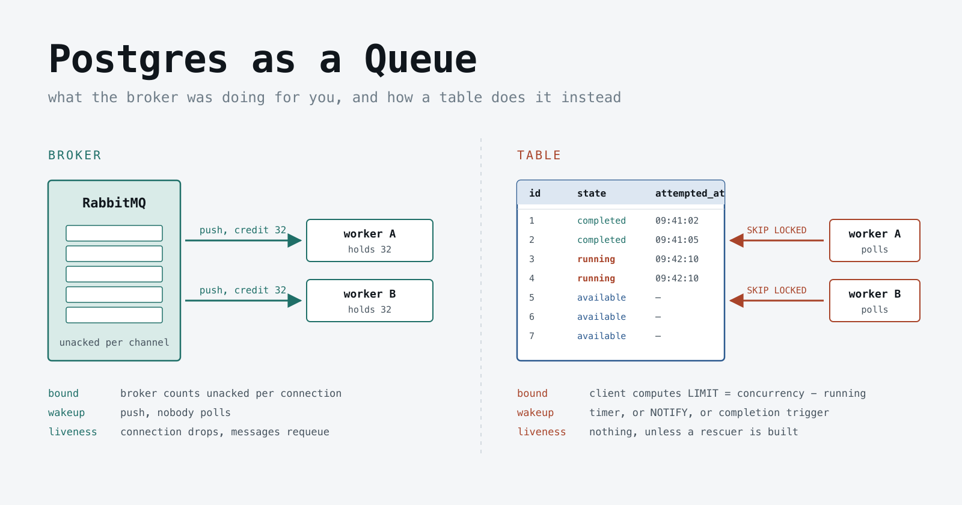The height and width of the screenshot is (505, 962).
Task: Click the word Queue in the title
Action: tap(421, 60)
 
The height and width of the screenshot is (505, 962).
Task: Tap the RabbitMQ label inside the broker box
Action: tap(114, 203)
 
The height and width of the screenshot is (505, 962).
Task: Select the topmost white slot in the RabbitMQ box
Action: tap(114, 233)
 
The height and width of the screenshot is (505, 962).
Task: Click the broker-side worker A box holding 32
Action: tap(370, 240)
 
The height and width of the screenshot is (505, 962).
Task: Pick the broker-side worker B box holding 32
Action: tap(370, 301)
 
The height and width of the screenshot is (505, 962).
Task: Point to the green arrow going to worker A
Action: tap(244, 240)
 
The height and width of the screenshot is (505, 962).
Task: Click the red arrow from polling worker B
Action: tap(776, 301)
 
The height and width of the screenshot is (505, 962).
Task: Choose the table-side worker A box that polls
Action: tap(875, 240)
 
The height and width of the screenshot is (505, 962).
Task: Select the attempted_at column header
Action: tap(690, 193)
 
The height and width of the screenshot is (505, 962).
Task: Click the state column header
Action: tap(592, 193)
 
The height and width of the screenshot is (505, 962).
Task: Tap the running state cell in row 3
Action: tap(596, 259)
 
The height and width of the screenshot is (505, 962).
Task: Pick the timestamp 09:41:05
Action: tap(677, 240)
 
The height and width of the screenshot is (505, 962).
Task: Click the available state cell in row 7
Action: tap(601, 336)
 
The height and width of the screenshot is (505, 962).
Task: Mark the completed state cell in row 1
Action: tap(601, 221)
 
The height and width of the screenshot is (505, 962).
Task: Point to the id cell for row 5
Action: tap(532, 298)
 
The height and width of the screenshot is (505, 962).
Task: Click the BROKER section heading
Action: tap(75, 155)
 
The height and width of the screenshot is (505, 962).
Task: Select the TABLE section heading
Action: tap(539, 155)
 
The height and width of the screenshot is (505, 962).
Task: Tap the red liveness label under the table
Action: tap(542, 432)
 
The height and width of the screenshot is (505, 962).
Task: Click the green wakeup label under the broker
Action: tap(67, 412)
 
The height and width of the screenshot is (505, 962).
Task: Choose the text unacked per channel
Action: tap(114, 342)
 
